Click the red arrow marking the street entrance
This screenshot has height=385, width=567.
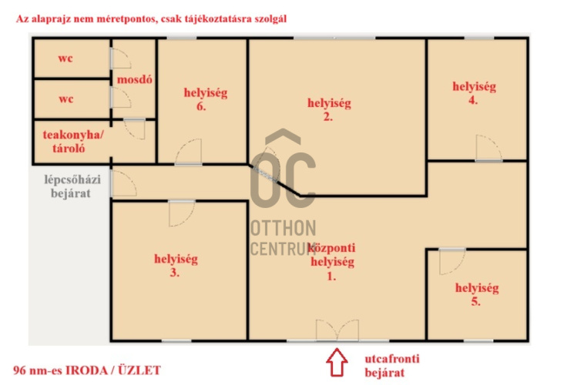click(x=337, y=362)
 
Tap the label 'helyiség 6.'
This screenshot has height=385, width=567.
click(x=206, y=99)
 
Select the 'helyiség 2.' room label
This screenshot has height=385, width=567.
click(x=329, y=109)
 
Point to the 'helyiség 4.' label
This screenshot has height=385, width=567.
click(x=474, y=93)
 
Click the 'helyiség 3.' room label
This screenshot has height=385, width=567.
click(x=176, y=266)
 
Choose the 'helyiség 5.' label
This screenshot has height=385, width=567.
click(x=477, y=294)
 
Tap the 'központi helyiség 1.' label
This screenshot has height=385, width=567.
click(x=332, y=261)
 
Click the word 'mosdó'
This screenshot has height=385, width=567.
click(x=135, y=79)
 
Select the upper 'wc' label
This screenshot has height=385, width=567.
click(x=65, y=59)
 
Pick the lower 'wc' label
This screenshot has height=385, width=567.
click(x=66, y=99)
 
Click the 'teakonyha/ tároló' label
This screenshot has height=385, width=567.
click(x=73, y=142)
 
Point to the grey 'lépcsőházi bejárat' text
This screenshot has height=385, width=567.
click(x=72, y=186)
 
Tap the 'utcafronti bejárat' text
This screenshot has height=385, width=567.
click(x=392, y=366)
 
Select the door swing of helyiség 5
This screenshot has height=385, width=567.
click(x=452, y=262)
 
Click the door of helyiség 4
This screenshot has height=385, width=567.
click(x=488, y=148)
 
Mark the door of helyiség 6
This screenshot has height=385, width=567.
click(x=189, y=152)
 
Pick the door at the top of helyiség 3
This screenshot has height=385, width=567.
click(x=182, y=213)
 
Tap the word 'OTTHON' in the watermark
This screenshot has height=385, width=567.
click(x=283, y=229)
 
